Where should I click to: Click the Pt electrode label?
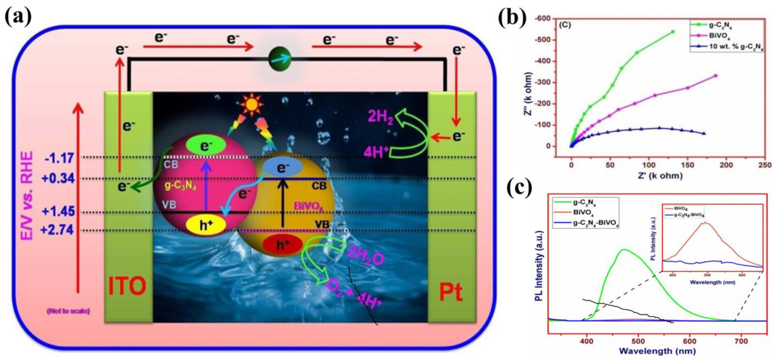(x=450, y=293)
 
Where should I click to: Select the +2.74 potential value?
(x=58, y=230)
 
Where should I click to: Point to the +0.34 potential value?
(x=59, y=179)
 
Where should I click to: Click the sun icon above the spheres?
(x=252, y=104)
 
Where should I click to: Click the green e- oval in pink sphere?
(x=206, y=146)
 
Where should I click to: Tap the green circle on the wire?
(x=280, y=59)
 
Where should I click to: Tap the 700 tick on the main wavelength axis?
(x=741, y=341)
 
